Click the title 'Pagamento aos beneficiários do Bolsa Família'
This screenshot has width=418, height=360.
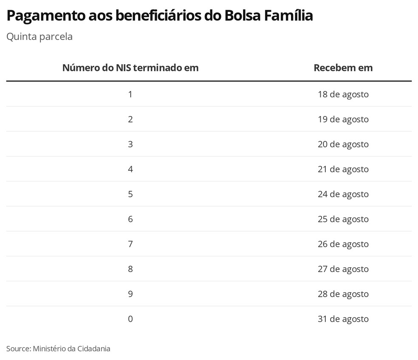(x=160, y=16)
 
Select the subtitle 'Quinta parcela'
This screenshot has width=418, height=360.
(x=40, y=37)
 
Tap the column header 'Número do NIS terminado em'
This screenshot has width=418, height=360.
(x=130, y=68)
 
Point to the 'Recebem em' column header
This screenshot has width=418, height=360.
(x=343, y=68)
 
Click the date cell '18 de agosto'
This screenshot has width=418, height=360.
(x=343, y=94)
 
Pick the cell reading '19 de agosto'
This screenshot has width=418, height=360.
(x=343, y=119)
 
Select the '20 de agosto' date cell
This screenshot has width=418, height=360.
(x=343, y=144)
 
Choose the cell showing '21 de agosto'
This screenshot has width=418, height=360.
(x=343, y=169)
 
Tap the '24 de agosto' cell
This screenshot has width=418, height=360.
(x=343, y=194)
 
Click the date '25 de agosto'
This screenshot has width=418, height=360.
(x=343, y=219)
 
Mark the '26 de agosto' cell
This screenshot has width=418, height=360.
(x=343, y=244)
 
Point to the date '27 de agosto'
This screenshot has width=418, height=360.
(x=343, y=269)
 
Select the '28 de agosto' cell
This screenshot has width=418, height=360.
(x=343, y=294)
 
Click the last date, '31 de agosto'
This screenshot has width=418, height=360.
(x=343, y=319)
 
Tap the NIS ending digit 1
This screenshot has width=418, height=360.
(x=130, y=94)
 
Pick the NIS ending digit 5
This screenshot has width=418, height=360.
(x=130, y=194)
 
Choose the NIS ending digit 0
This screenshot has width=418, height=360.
(x=130, y=319)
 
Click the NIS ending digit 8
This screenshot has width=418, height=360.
(x=130, y=269)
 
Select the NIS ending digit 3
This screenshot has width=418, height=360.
(x=130, y=144)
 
